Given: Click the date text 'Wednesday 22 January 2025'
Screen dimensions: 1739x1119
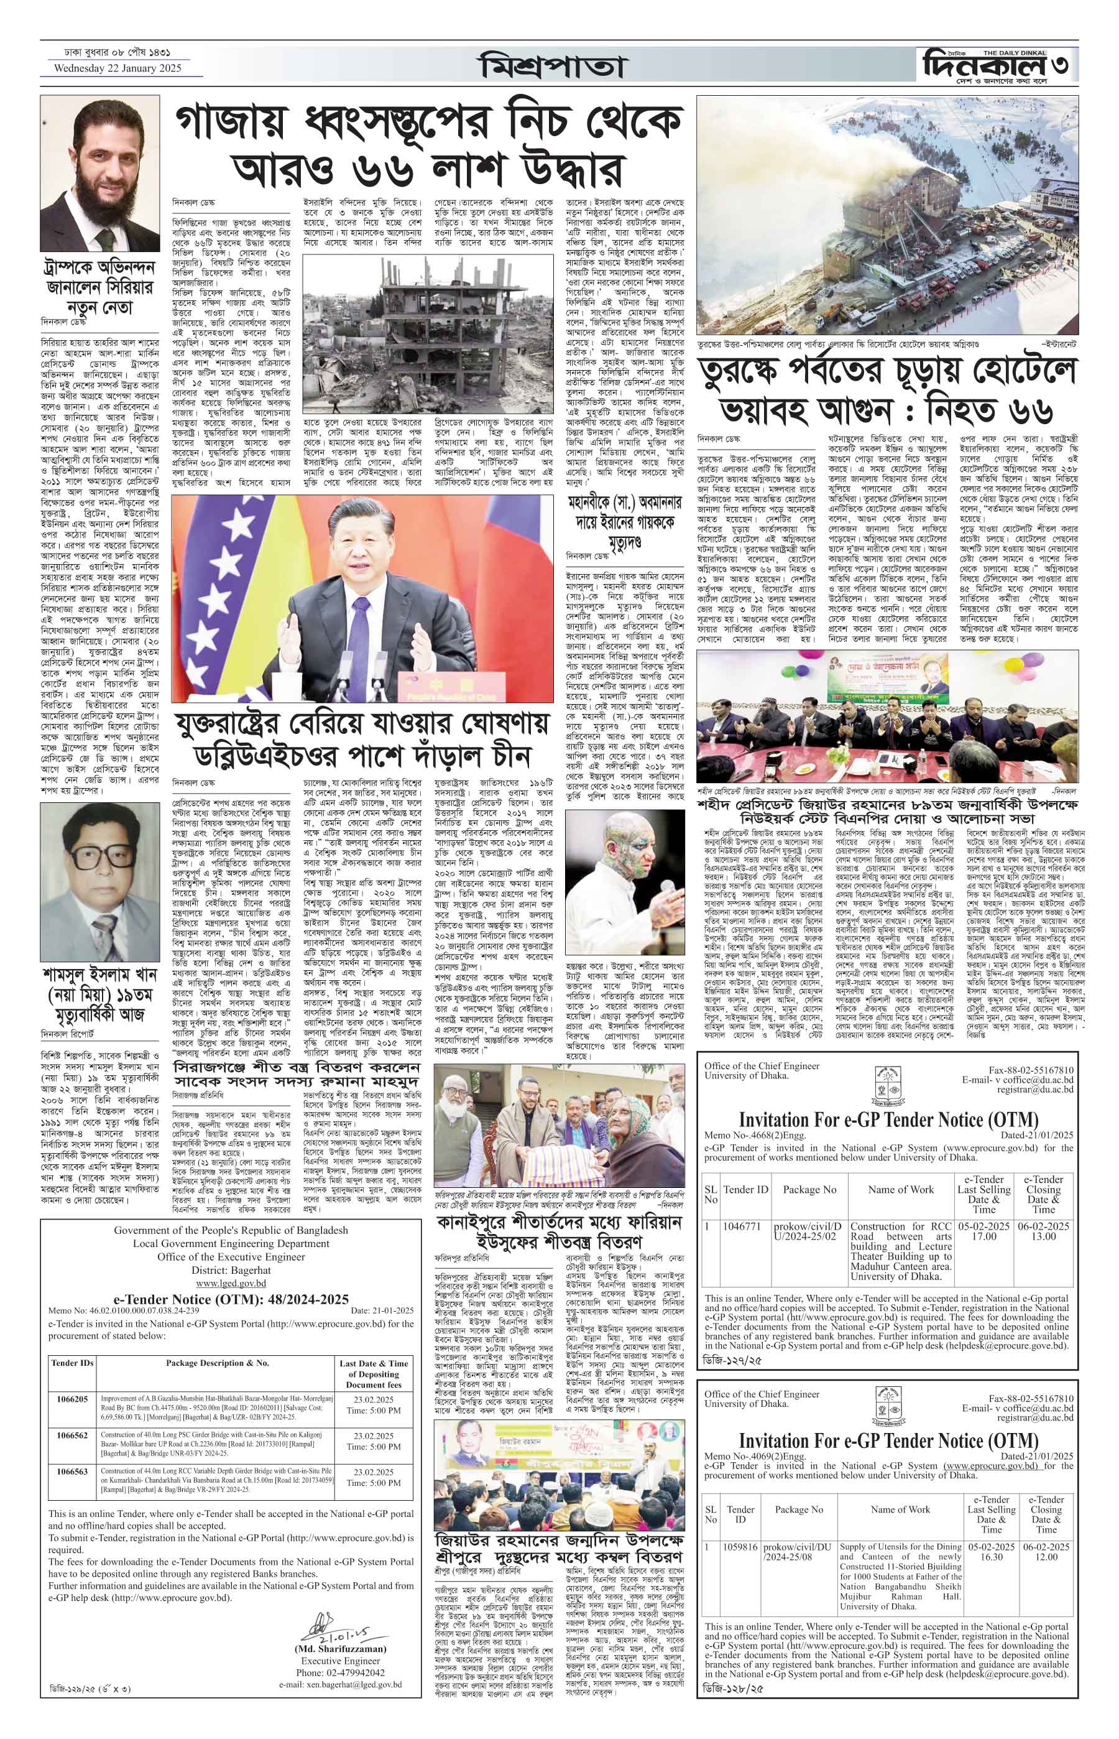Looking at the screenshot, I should [117, 68].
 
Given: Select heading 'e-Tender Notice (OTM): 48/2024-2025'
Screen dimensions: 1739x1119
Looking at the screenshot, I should [231, 1299].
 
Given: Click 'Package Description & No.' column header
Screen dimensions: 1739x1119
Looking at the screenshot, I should [217, 1363].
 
